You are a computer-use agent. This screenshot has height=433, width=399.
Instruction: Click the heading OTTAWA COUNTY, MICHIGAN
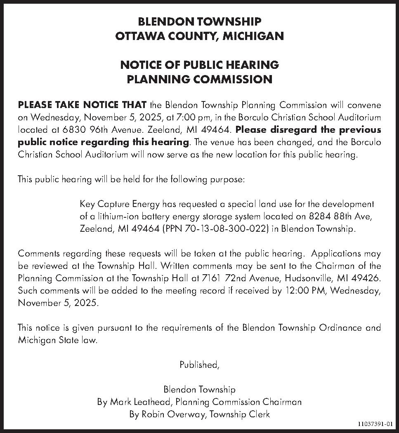(199, 36)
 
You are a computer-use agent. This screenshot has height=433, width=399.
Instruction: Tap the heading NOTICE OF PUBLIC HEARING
(199, 65)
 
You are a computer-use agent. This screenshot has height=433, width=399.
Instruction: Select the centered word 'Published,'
(199, 365)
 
